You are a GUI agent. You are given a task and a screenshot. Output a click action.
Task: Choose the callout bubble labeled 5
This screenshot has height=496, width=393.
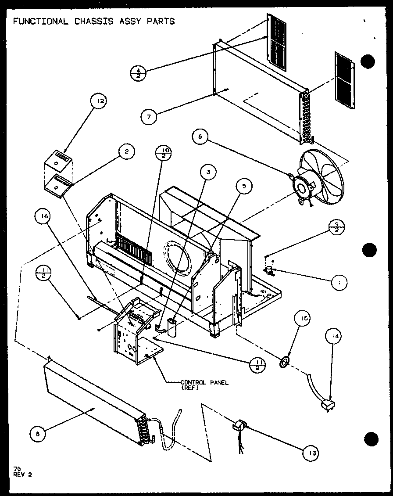coord(244,186)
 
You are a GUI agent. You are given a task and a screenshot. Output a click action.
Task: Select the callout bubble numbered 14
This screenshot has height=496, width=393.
coord(334,337)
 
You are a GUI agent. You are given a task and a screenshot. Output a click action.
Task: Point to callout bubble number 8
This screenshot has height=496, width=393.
coord(38,434)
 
